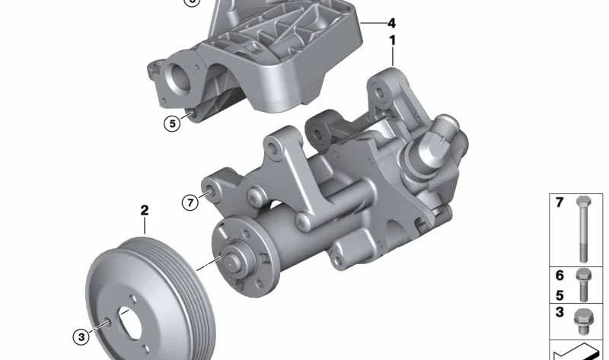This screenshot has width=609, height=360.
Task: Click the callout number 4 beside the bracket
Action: point(391,23)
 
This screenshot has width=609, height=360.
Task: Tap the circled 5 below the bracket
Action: point(173,122)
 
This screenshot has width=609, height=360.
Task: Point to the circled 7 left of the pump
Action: point(190,202)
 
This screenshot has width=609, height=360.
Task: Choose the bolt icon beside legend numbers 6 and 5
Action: point(583,283)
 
